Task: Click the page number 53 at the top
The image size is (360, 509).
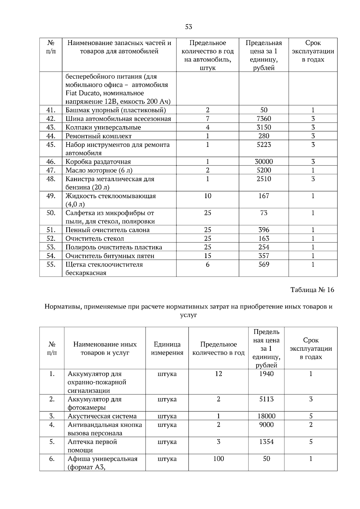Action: click(x=188, y=27)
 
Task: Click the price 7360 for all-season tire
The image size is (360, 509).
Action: click(x=264, y=119)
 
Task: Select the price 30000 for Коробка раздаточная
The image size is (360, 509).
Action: click(x=264, y=162)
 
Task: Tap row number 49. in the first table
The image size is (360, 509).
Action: click(x=51, y=196)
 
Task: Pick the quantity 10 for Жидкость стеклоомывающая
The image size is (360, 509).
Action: click(x=208, y=196)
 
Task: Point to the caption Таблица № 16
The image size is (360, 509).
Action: click(x=312, y=290)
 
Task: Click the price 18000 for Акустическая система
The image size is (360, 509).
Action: click(x=266, y=416)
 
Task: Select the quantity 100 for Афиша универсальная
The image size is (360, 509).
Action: click(x=218, y=459)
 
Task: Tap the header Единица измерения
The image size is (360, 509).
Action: click(x=167, y=349)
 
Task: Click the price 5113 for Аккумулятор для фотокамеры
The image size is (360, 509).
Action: click(x=266, y=399)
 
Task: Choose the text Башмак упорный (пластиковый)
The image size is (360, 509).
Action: click(x=115, y=110)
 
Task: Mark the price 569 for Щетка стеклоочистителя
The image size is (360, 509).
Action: click(x=264, y=265)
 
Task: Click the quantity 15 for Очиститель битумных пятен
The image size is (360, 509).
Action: click(x=208, y=256)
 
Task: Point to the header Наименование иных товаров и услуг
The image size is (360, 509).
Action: click(x=105, y=349)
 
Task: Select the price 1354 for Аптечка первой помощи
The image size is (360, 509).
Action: click(x=266, y=442)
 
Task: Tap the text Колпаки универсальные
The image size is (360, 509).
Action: click(x=103, y=127)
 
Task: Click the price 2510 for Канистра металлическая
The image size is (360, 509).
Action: click(x=264, y=179)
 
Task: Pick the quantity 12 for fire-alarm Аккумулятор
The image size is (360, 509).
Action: click(x=218, y=374)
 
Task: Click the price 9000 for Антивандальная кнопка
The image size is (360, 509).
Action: click(x=266, y=425)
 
